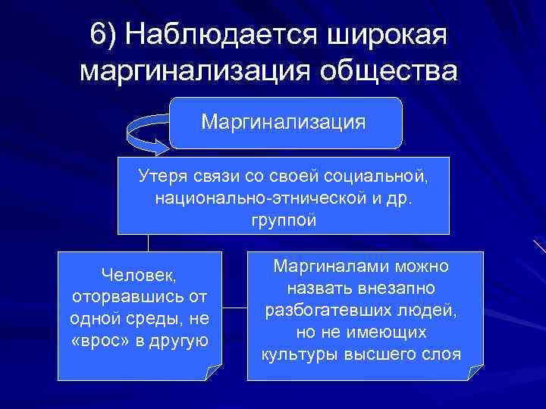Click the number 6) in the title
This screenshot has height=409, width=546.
[104, 34]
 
